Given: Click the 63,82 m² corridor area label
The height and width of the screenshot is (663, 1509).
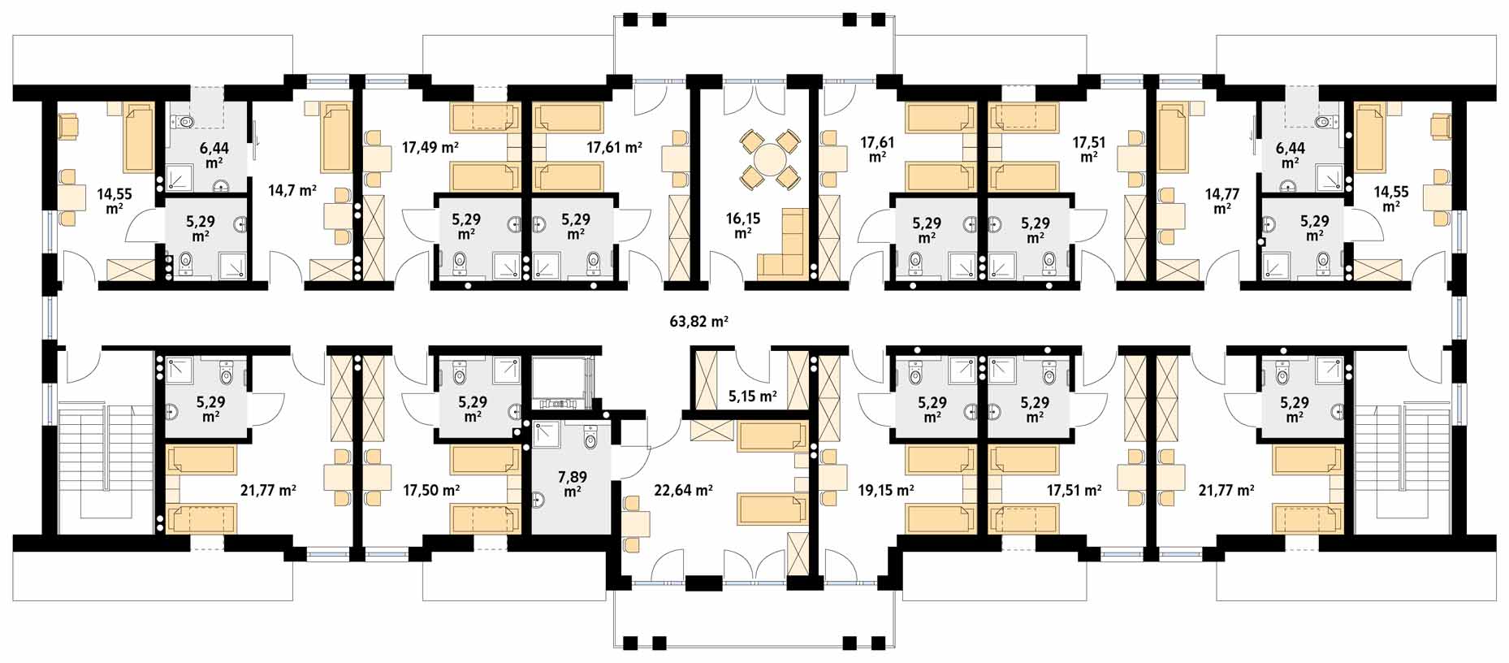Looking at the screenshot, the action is pyautogui.click(x=698, y=321).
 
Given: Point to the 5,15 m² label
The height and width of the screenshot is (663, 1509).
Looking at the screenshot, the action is pyautogui.click(x=752, y=396).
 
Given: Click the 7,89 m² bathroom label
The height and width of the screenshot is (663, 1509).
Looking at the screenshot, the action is pyautogui.click(x=573, y=483).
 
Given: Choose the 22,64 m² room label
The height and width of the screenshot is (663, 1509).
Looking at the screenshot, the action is pyautogui.click(x=683, y=490).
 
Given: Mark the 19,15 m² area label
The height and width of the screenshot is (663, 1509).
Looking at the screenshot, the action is pyautogui.click(x=886, y=490).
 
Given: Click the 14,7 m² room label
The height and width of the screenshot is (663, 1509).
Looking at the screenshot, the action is pyautogui.click(x=292, y=191).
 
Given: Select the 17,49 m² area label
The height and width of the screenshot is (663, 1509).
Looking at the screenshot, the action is pyautogui.click(x=430, y=147).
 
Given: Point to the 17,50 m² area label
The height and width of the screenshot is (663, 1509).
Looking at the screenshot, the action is pyautogui.click(x=431, y=490).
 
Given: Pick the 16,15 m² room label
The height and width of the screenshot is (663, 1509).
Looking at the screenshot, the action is pyautogui.click(x=742, y=225).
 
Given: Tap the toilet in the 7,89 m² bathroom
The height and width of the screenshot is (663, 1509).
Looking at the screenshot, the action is pyautogui.click(x=590, y=437).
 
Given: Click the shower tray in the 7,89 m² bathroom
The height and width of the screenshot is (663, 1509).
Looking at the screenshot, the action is pyautogui.click(x=548, y=437).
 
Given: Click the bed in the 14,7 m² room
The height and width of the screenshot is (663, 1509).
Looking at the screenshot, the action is pyautogui.click(x=336, y=138).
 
